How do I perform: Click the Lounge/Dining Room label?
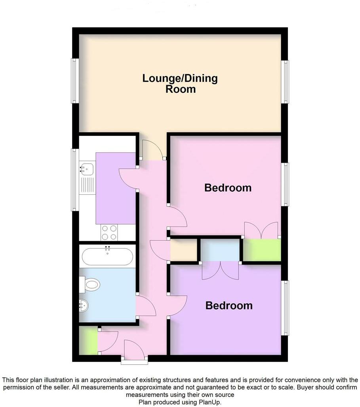click(x=180, y=83)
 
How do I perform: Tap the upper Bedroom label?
click(x=228, y=188)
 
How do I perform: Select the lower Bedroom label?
click(x=229, y=306)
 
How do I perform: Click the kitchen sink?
click(x=86, y=169)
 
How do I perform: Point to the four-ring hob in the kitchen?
click(x=109, y=232)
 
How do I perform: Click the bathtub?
click(x=107, y=257)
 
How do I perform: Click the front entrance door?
click(x=135, y=349)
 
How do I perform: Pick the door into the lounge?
click(x=152, y=150)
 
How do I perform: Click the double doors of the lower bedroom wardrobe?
click(x=221, y=270)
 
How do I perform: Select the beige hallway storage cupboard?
click(x=183, y=251)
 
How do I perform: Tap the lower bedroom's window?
click(x=285, y=307)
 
